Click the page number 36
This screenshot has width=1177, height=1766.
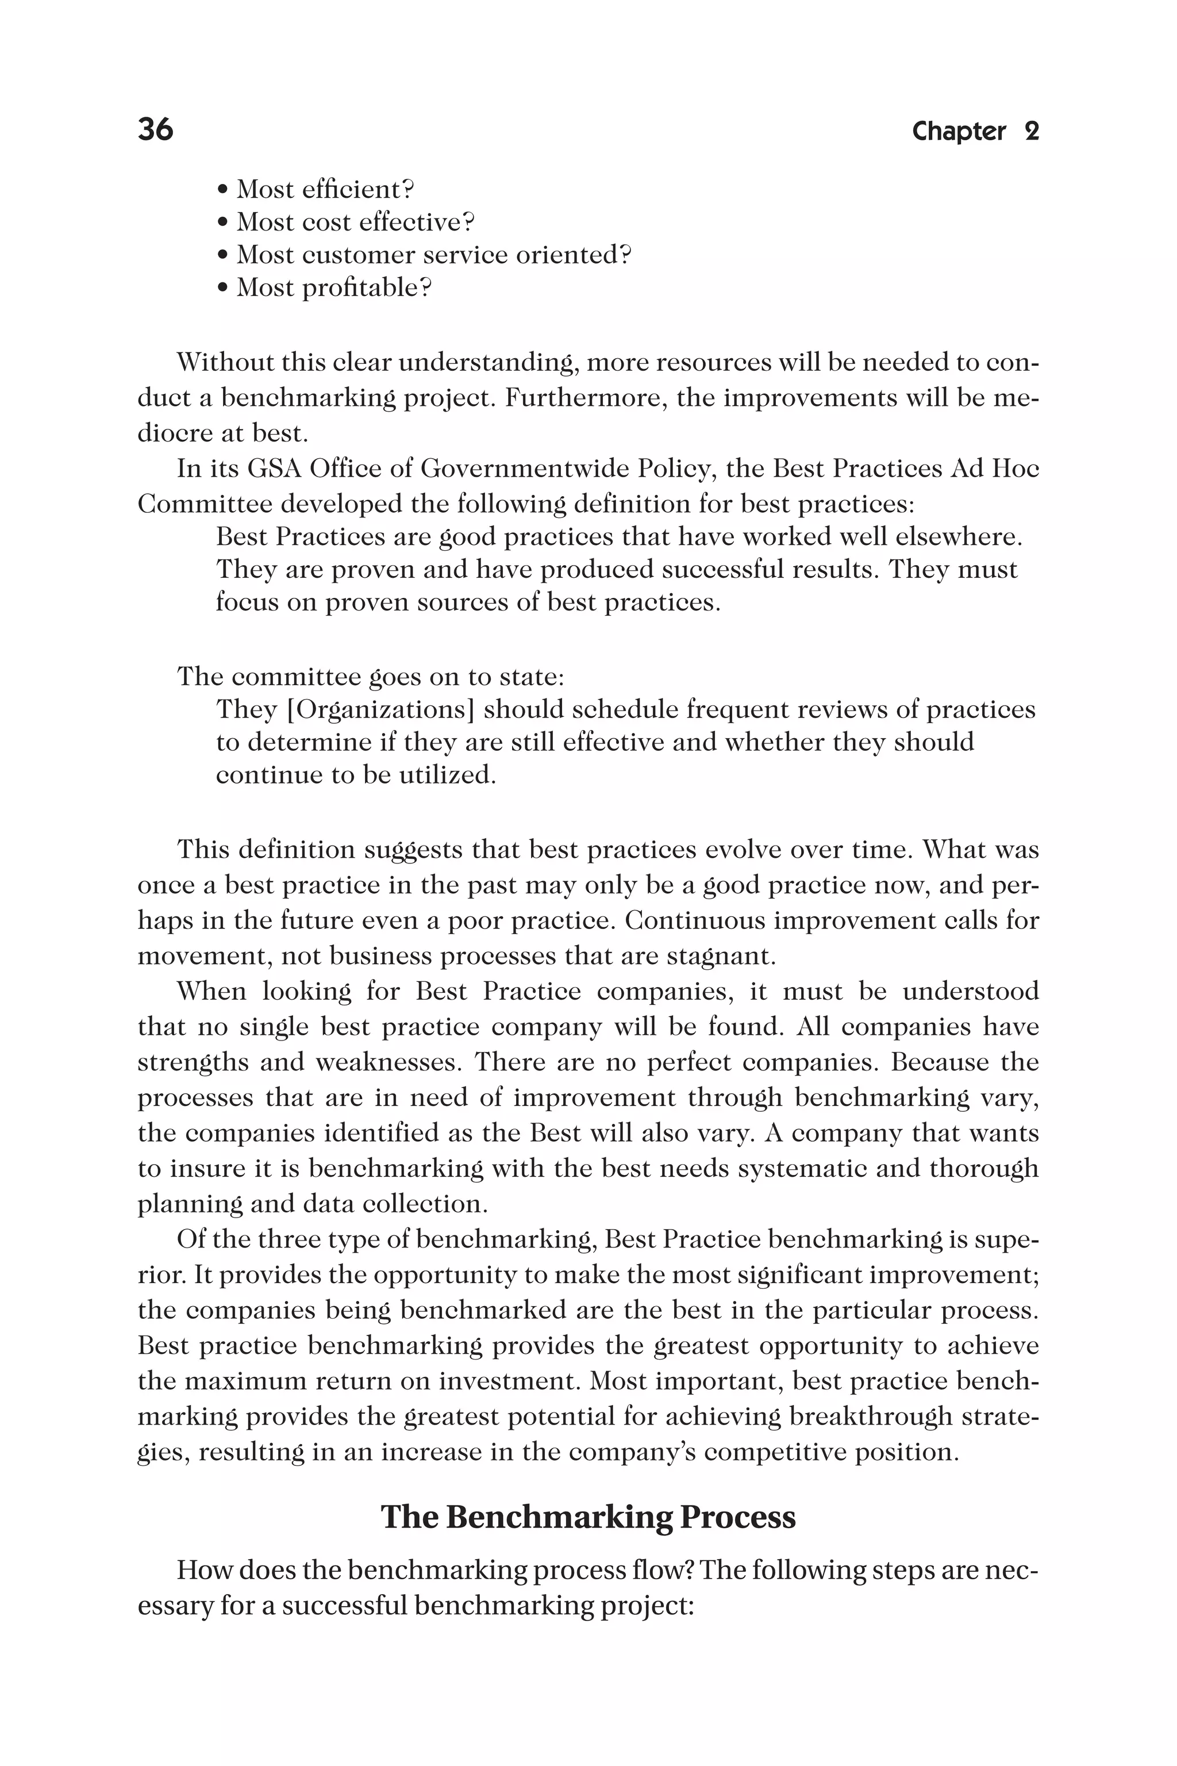click(x=155, y=129)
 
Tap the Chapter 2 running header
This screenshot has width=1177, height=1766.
click(x=975, y=132)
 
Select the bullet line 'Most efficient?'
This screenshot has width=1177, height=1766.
click(x=316, y=189)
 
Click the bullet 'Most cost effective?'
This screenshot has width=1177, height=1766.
click(x=346, y=222)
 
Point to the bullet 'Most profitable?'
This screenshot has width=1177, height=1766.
click(x=324, y=287)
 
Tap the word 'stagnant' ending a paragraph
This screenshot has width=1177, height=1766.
click(x=721, y=957)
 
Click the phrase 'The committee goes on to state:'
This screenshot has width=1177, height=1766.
click(x=370, y=677)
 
